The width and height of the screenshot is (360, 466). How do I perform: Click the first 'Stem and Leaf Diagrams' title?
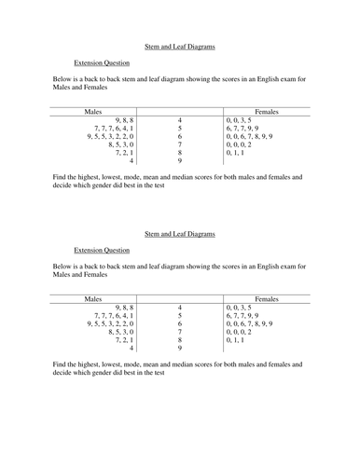coord(180,44)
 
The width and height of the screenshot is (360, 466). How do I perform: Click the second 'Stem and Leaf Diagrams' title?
coord(180,234)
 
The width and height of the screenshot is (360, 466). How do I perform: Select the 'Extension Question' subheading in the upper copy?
coord(102,63)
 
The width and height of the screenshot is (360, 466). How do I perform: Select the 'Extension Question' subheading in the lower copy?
coord(102,250)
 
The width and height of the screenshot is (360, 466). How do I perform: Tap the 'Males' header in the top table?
coord(93,111)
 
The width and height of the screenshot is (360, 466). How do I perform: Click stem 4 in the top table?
coord(179,121)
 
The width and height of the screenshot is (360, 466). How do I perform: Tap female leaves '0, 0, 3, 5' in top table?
coord(240,121)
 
